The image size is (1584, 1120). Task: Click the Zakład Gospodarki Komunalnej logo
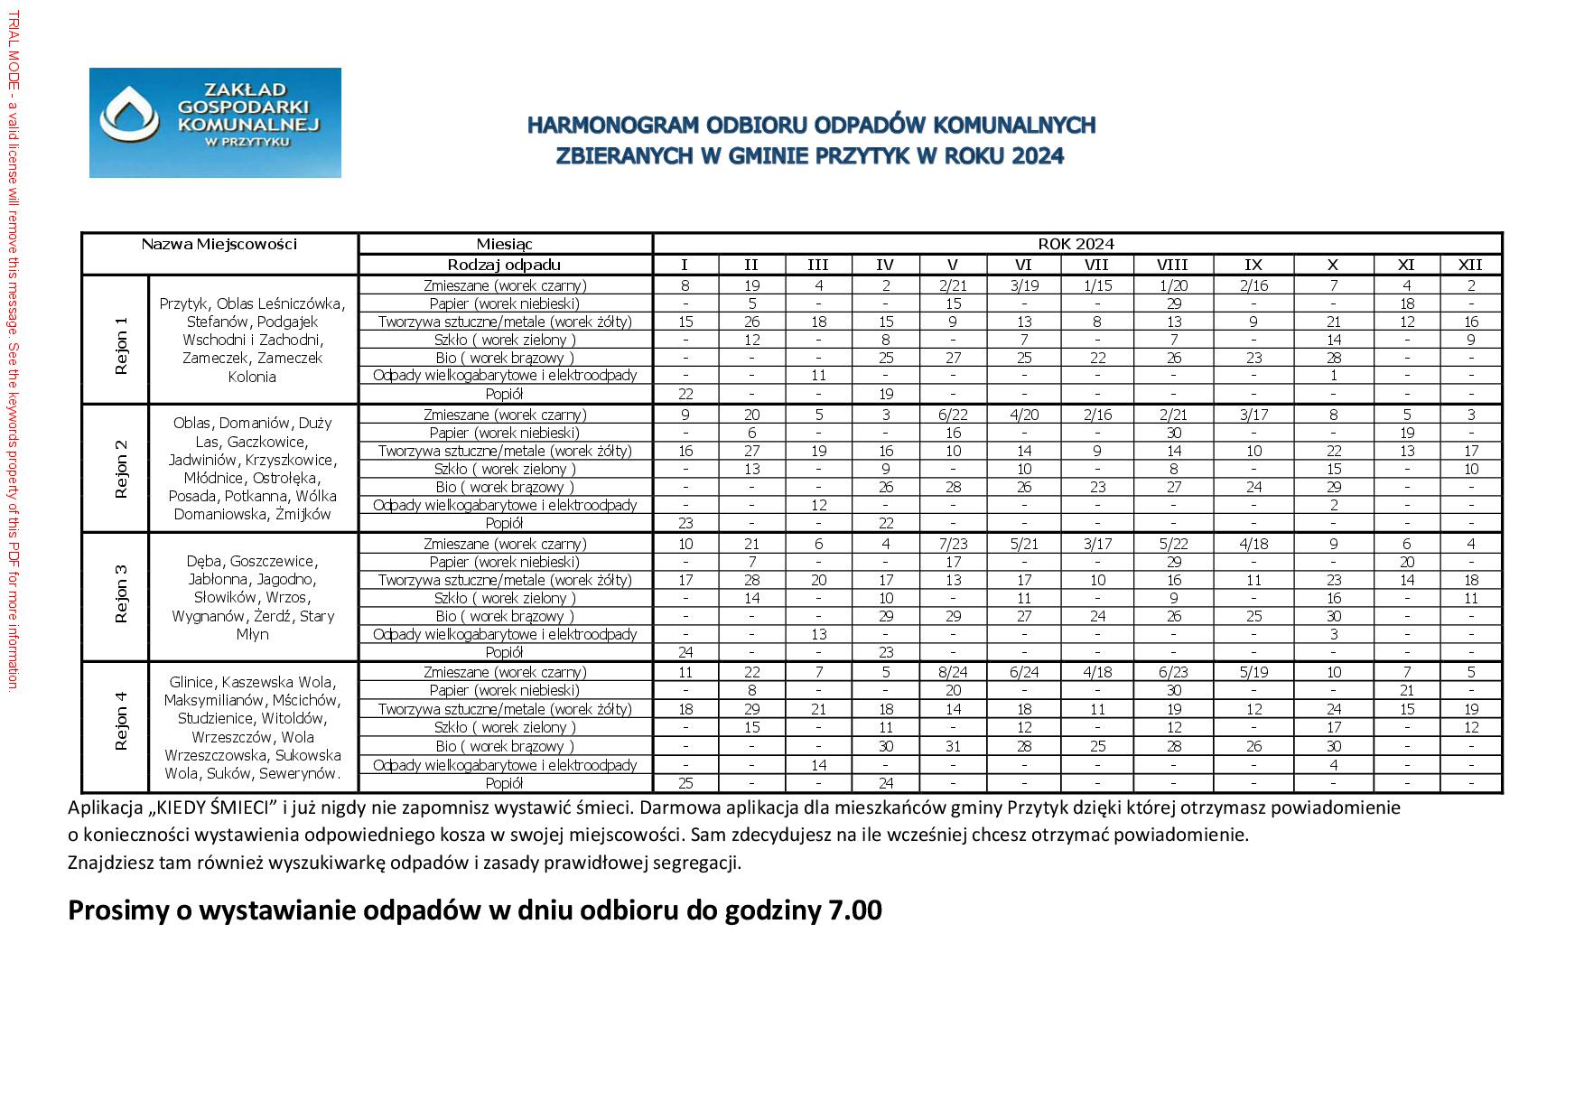[x=215, y=122]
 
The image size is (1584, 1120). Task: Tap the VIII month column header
[x=1172, y=265]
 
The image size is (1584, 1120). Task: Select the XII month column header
[x=1470, y=265]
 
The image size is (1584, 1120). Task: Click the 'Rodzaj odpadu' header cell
[x=505, y=265]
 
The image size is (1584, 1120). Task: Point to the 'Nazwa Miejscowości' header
[x=219, y=244]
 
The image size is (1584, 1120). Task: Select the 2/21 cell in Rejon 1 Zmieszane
[x=953, y=285]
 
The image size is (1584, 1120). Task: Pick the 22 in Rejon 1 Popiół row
[x=685, y=394]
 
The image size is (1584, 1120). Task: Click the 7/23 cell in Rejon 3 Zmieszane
[x=953, y=544]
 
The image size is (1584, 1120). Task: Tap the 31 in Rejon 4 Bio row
[x=953, y=746]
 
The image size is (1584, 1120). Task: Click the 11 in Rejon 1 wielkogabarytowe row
[x=818, y=375]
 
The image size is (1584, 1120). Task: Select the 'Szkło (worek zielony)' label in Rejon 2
[x=505, y=469]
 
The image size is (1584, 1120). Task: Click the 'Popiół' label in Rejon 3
[x=505, y=652]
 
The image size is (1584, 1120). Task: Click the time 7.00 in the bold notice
[x=854, y=910]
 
